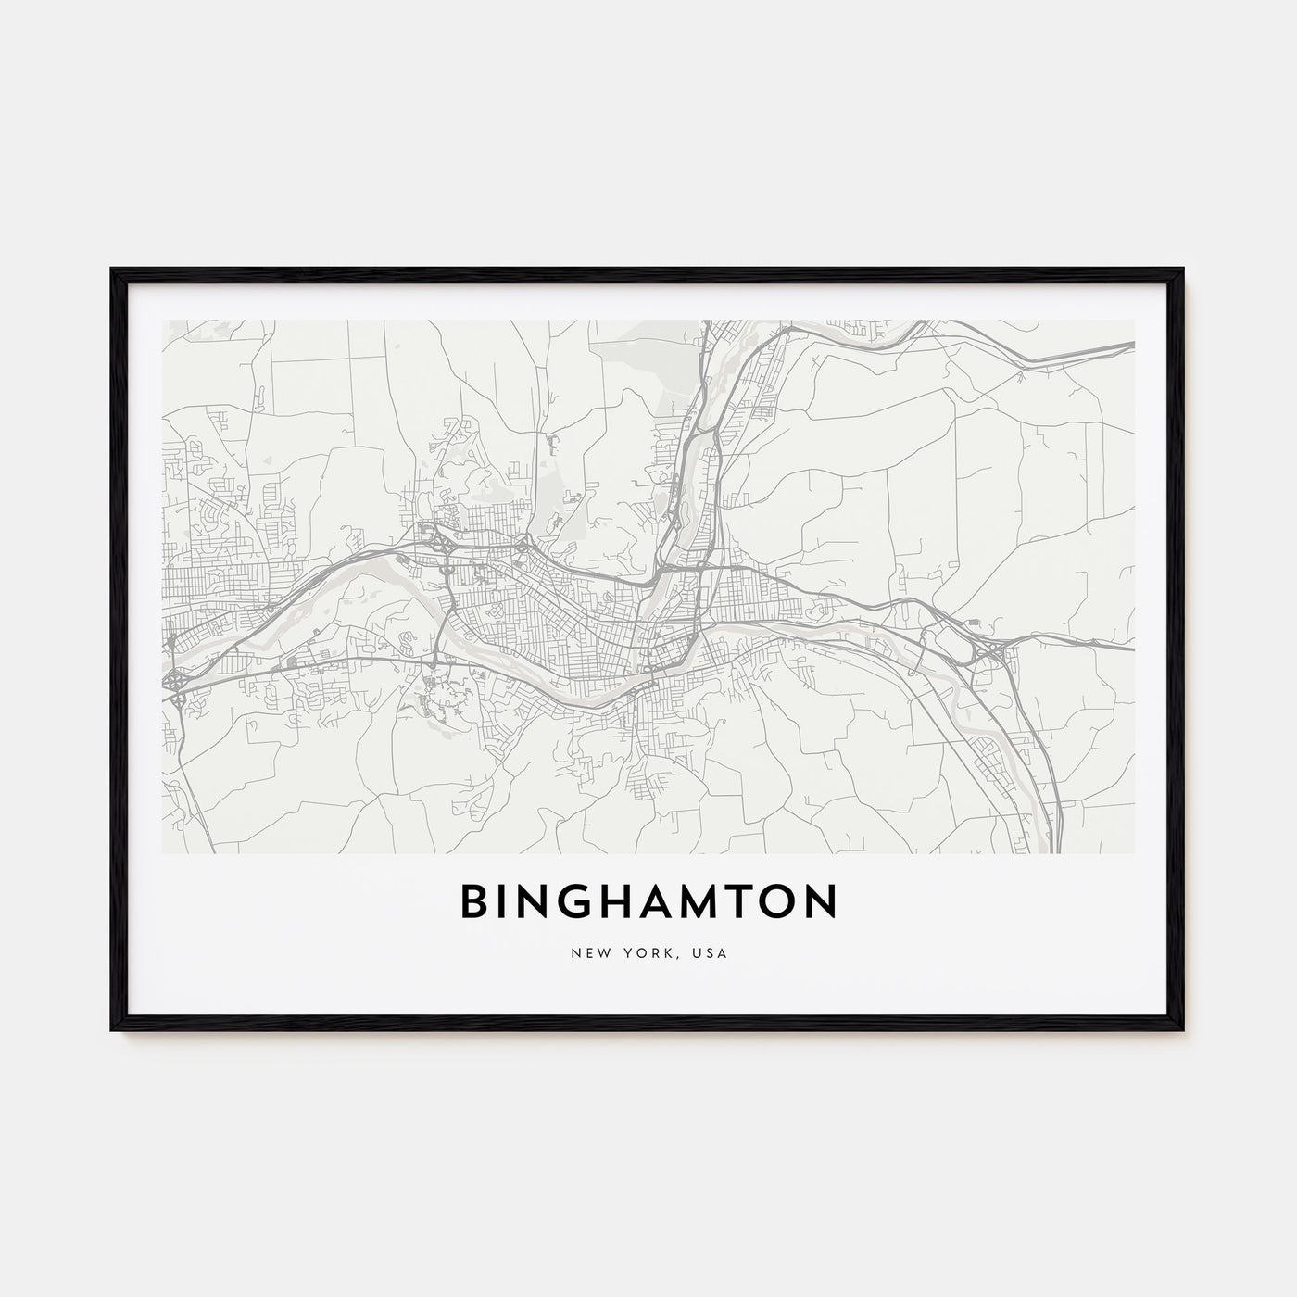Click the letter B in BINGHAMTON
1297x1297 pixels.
[474, 901]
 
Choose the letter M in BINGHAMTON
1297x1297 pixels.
[713, 901]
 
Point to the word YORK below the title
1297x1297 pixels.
[636, 953]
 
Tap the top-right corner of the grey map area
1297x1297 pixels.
[1134, 321]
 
